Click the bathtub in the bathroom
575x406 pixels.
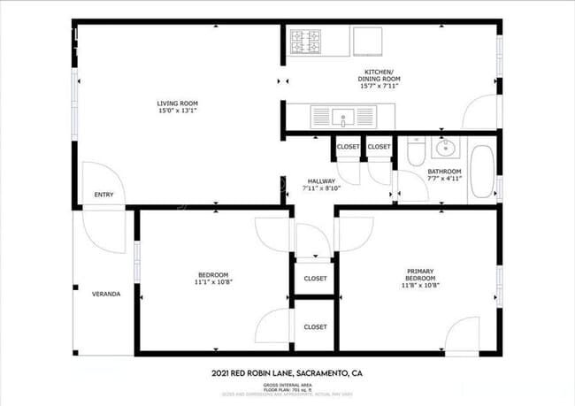[483, 171]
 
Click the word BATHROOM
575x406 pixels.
[444, 171]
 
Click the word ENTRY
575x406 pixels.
[103, 195]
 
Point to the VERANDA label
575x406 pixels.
[106, 294]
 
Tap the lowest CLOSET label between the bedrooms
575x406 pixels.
[315, 326]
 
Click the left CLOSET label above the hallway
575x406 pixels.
[348, 146]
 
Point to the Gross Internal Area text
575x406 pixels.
[287, 387]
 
